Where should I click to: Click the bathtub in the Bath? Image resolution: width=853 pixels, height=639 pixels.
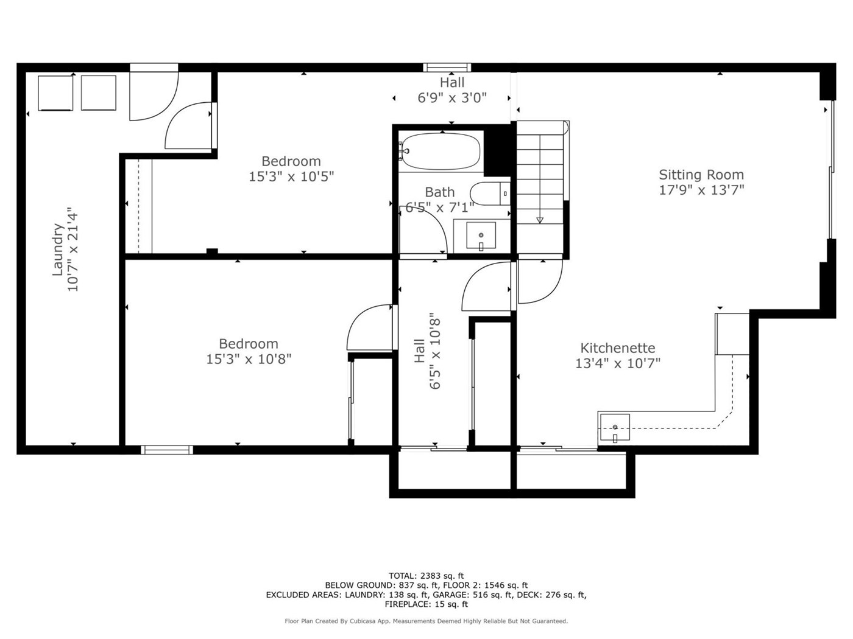pyautogui.click(x=441, y=152)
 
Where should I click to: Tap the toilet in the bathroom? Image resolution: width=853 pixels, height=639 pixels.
pyautogui.click(x=490, y=193)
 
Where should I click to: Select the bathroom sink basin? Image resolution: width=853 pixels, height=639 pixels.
pyautogui.click(x=481, y=235)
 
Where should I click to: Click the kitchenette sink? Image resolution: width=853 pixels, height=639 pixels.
pyautogui.click(x=615, y=427)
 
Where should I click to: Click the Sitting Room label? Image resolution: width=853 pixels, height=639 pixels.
pyautogui.click(x=701, y=175)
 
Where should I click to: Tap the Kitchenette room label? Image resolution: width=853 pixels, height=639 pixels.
pyautogui.click(x=617, y=347)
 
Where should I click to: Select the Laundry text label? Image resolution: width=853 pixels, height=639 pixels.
pyautogui.click(x=58, y=250)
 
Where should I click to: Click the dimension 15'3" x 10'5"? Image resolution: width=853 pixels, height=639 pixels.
pyautogui.click(x=291, y=177)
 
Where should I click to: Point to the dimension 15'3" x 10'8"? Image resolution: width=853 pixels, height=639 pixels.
pyautogui.click(x=249, y=359)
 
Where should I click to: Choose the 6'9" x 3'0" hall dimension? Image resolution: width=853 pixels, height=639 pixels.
pyautogui.click(x=452, y=98)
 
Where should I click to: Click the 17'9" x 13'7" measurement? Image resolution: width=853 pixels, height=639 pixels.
pyautogui.click(x=701, y=190)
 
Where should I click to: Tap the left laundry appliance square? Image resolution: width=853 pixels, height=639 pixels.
pyautogui.click(x=55, y=93)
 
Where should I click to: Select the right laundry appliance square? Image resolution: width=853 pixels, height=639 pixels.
pyautogui.click(x=98, y=93)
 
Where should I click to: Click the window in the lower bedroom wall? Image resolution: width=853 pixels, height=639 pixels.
pyautogui.click(x=167, y=450)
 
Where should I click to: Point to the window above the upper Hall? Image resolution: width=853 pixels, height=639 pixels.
pyautogui.click(x=447, y=68)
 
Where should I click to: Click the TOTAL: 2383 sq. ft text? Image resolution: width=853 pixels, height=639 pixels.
pyautogui.click(x=426, y=576)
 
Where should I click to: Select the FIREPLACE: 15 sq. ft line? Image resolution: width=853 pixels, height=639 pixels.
pyautogui.click(x=426, y=604)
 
